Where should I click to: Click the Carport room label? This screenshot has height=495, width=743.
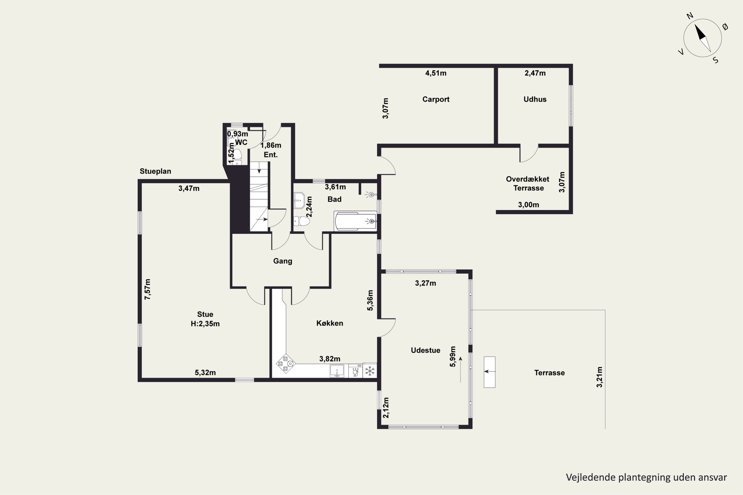coord(436,99)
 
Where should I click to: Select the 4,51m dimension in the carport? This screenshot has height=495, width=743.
coord(436,73)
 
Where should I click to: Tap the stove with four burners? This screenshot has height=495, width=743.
coord(286,363)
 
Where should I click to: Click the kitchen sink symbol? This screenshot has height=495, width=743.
coord(337,371)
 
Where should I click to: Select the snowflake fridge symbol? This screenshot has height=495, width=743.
coord(370,371)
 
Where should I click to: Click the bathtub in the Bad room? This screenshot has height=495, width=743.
coord(355,221)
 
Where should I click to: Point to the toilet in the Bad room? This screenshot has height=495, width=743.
coord(301,221)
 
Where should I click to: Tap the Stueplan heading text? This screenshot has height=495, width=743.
coord(156,171)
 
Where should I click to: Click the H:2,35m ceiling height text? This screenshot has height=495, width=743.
coord(205,323)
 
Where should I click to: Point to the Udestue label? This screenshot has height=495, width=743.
coord(425,350)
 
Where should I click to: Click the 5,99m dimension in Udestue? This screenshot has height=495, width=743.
coord(453,357)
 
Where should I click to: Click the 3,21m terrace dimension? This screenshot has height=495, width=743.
coord(599,377)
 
